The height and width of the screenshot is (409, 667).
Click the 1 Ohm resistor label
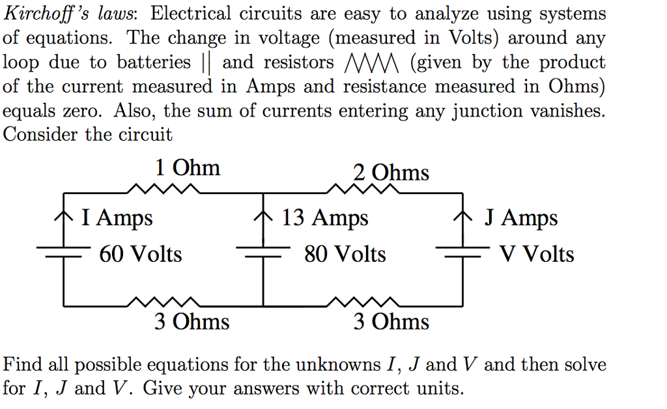(188, 168)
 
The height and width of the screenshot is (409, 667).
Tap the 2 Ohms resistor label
(391, 173)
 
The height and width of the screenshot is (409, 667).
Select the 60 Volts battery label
(140, 253)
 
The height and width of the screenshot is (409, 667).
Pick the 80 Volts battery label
(345, 253)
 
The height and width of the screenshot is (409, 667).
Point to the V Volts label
(536, 253)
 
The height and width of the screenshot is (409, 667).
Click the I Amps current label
(117, 218)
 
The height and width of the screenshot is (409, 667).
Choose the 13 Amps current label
(324, 218)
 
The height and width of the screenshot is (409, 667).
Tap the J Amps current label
(520, 218)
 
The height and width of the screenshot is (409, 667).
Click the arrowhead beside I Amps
(64, 214)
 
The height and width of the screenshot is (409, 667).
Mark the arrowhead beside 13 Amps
(263, 214)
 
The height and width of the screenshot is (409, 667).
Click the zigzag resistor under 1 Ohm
(163, 190)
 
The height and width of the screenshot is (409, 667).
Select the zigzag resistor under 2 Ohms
(362, 190)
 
